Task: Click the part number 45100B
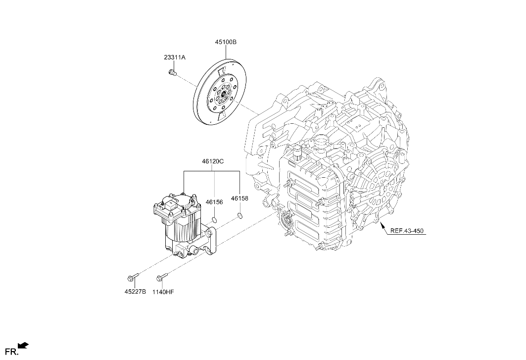[x=226, y=42]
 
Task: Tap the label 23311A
[x=175, y=57]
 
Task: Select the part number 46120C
[x=213, y=161]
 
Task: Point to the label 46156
[x=214, y=202]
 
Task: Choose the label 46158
[x=239, y=199]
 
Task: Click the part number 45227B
[x=135, y=292]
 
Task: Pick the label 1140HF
[x=163, y=292]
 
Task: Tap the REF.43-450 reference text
[x=407, y=231]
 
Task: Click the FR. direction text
[x=13, y=352]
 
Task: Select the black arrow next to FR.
[x=23, y=345]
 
